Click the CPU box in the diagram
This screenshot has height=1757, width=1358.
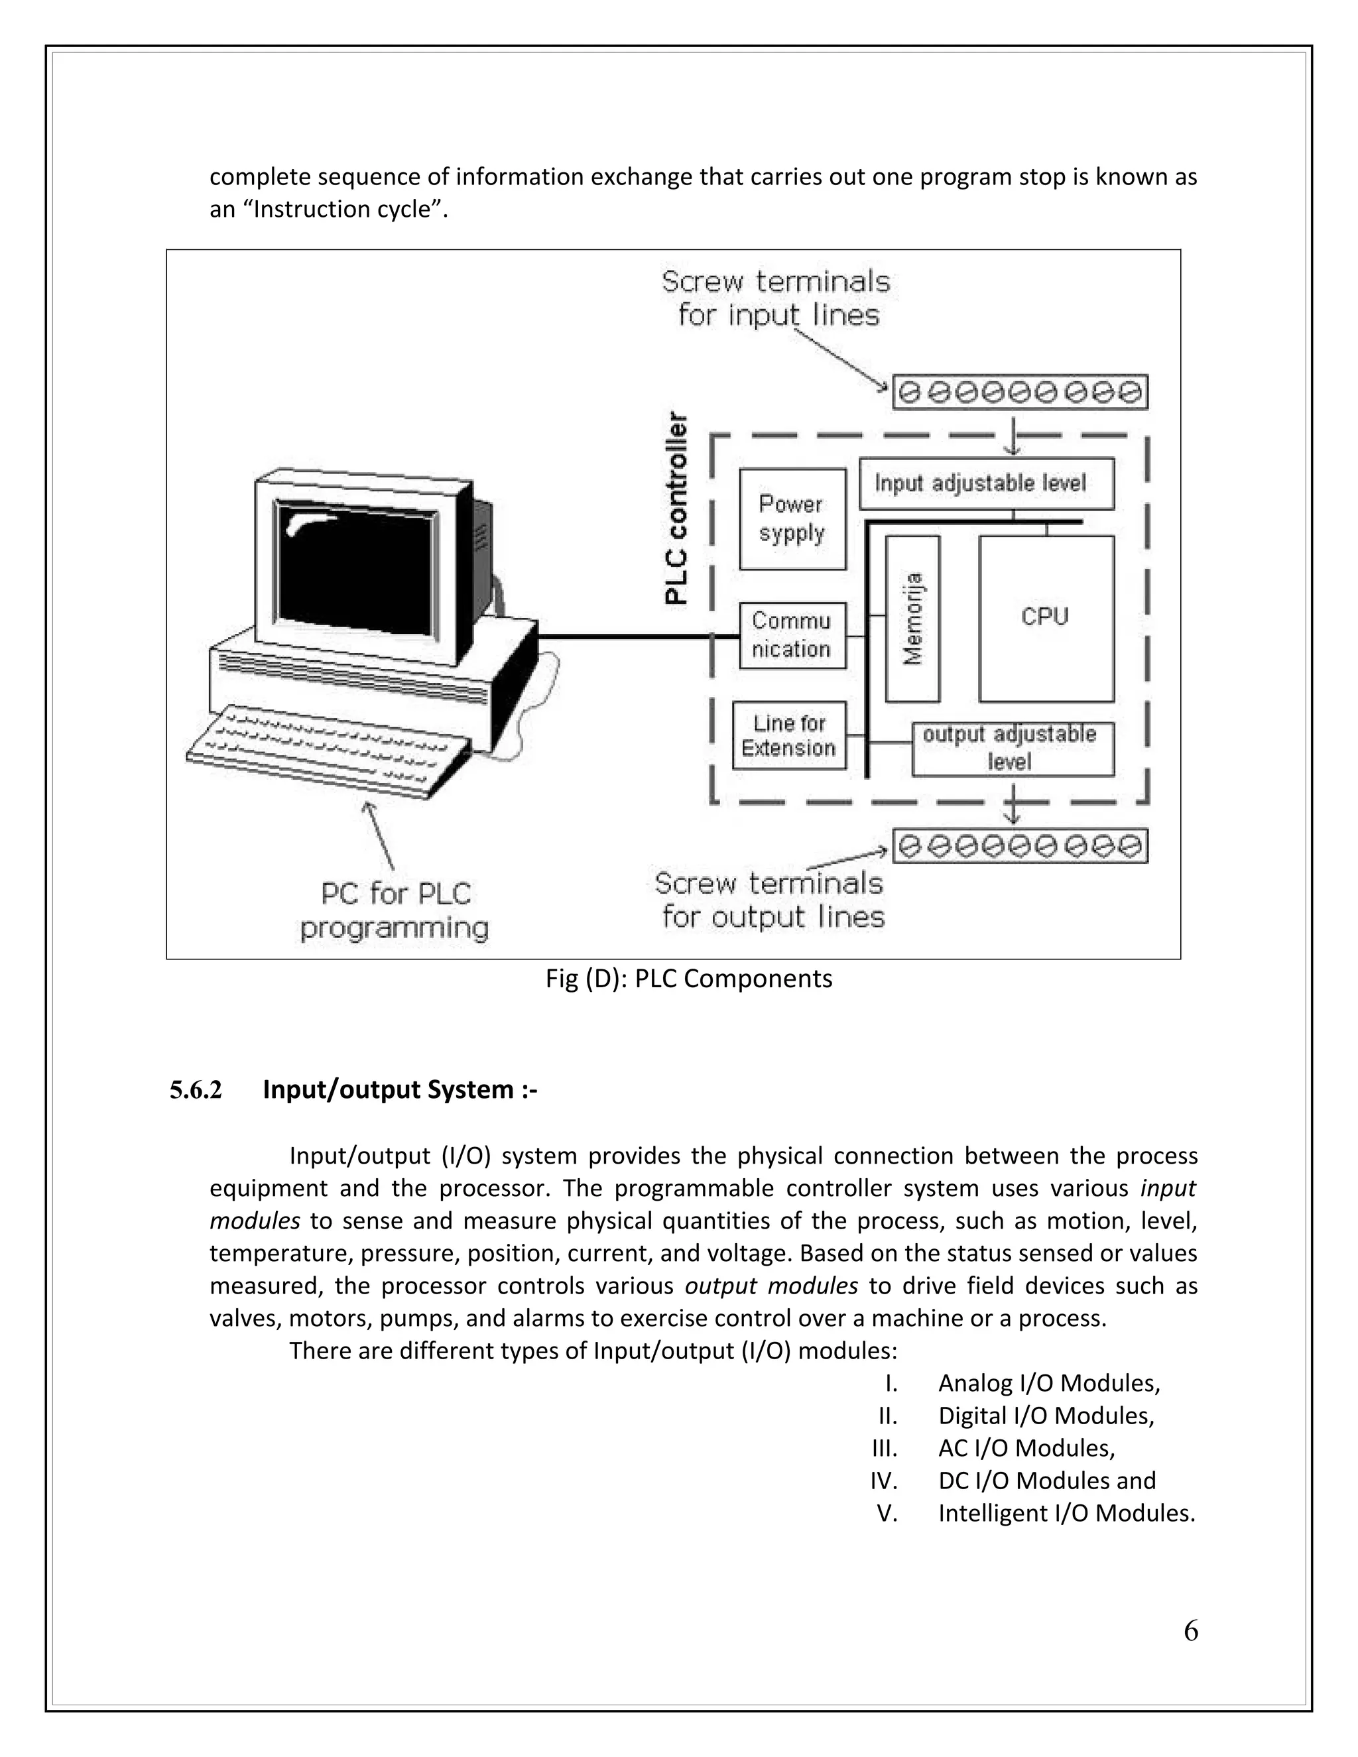coord(1046,618)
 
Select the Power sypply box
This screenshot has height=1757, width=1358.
coord(792,519)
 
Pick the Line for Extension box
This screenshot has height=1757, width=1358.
coord(789,735)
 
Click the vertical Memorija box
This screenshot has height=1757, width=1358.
coord(912,618)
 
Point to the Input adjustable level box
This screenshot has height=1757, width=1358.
coord(985,483)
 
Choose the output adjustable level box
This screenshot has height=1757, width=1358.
coord(1012,748)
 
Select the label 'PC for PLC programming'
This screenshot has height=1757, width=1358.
coord(395,911)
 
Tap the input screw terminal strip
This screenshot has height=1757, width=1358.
coord(1020,393)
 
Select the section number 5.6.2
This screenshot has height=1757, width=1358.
coord(196,1090)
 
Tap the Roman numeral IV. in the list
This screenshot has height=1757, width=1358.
coord(883,1481)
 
